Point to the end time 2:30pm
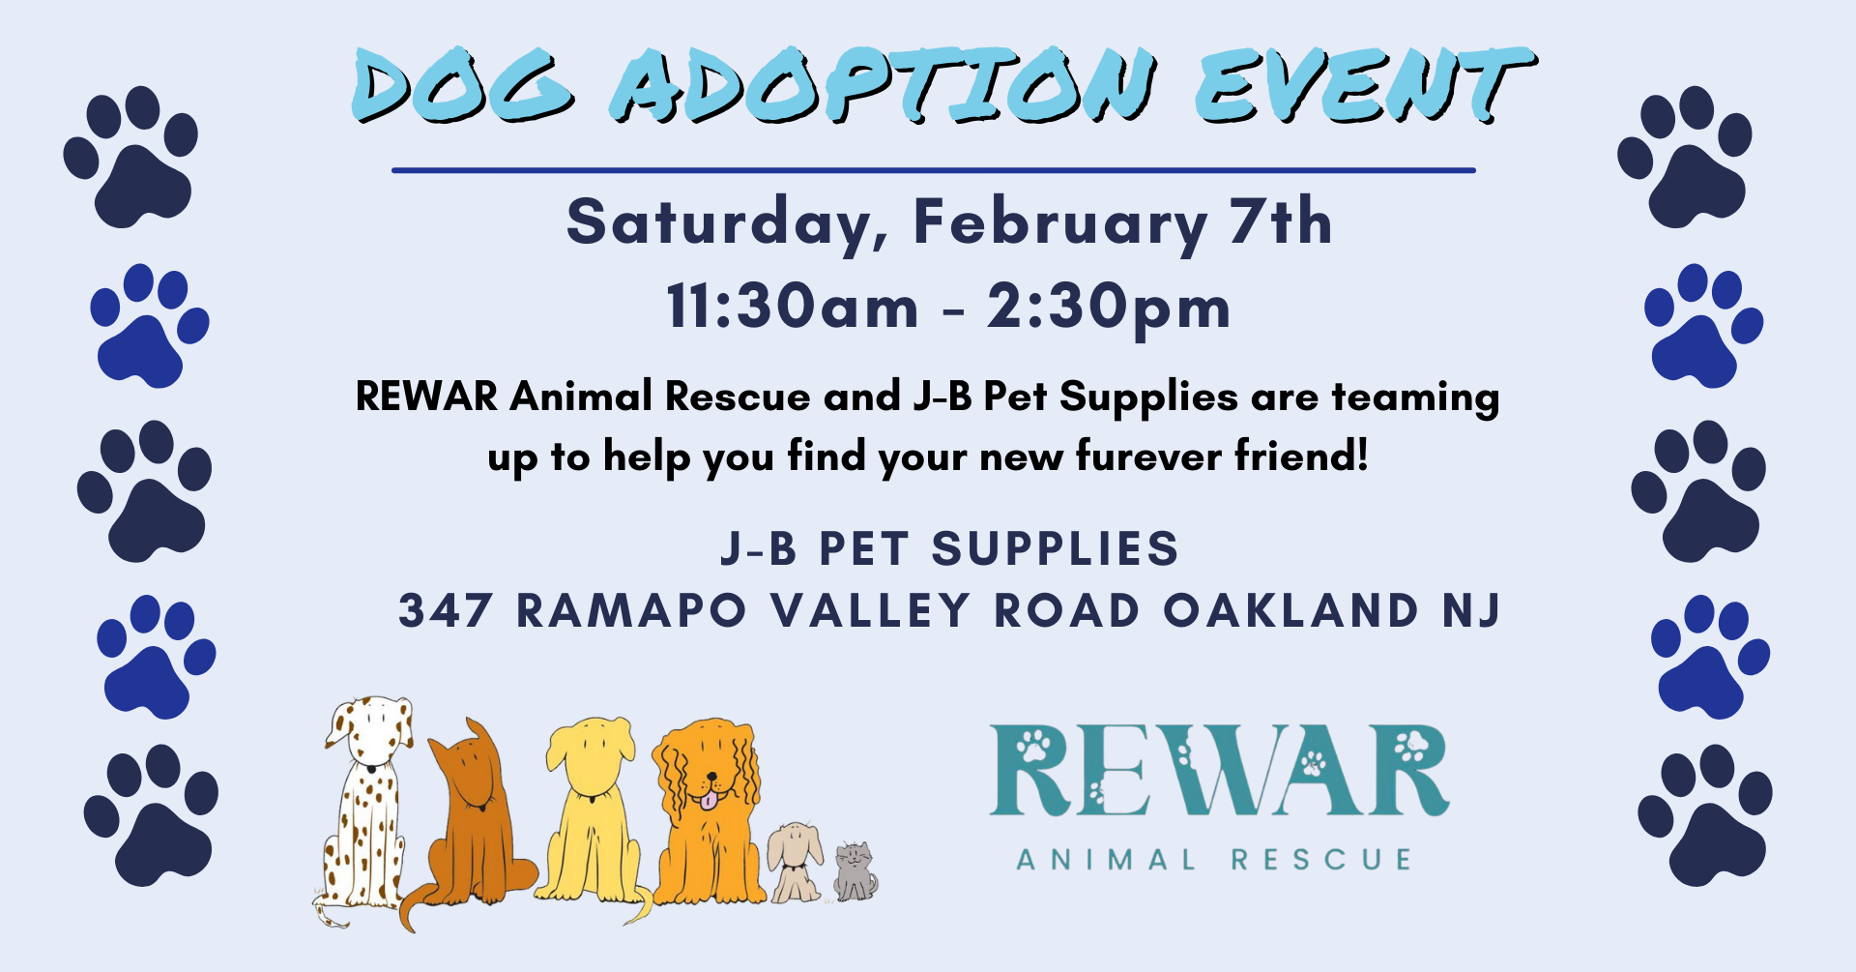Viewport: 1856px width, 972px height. click(x=1109, y=309)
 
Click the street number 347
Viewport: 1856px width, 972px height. click(x=446, y=610)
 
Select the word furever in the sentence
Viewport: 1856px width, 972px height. click(x=1150, y=455)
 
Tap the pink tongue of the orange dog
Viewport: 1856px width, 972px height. click(x=710, y=800)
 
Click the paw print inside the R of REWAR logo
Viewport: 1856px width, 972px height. click(x=1032, y=745)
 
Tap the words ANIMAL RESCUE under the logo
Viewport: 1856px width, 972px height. click(x=1214, y=859)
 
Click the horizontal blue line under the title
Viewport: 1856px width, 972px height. click(x=934, y=170)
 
